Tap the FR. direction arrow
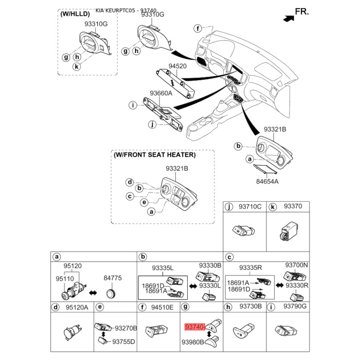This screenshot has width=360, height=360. click(285, 18)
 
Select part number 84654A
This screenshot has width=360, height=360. click(267, 182)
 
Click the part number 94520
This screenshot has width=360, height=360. click(177, 66)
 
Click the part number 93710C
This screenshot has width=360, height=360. click(250, 207)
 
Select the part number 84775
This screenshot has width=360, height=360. click(112, 278)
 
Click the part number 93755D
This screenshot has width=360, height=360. click(124, 342)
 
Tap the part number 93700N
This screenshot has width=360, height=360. click(297, 265)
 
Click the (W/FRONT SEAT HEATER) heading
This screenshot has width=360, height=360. click(154, 155)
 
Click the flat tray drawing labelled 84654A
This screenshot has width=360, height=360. click(266, 170)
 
